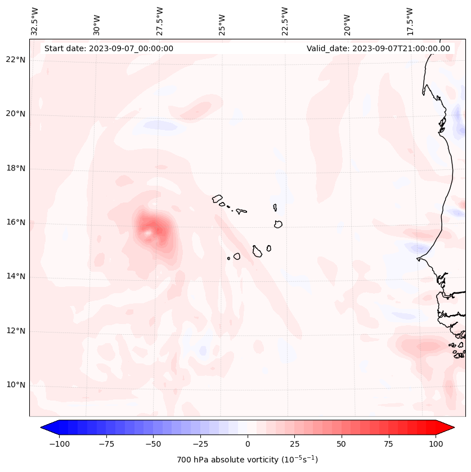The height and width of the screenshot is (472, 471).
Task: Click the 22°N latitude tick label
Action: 15,60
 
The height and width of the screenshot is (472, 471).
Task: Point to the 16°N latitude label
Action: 15,222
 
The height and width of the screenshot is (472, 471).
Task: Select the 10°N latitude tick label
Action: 15,385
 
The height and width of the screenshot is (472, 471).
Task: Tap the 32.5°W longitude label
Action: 35,21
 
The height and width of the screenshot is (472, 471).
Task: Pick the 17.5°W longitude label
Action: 410,21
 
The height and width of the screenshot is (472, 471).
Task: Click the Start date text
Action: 109,48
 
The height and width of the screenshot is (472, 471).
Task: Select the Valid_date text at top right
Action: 378,48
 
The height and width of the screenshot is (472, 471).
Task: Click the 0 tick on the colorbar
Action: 248,444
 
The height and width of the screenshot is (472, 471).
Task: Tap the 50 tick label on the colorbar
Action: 341,444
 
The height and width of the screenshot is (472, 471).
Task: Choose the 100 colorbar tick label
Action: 436,444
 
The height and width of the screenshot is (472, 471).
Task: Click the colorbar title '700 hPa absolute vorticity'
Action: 248,460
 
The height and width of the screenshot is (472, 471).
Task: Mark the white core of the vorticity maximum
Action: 148,231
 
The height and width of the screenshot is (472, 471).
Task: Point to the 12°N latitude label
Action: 15,331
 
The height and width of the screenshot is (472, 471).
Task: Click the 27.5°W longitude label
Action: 160,21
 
